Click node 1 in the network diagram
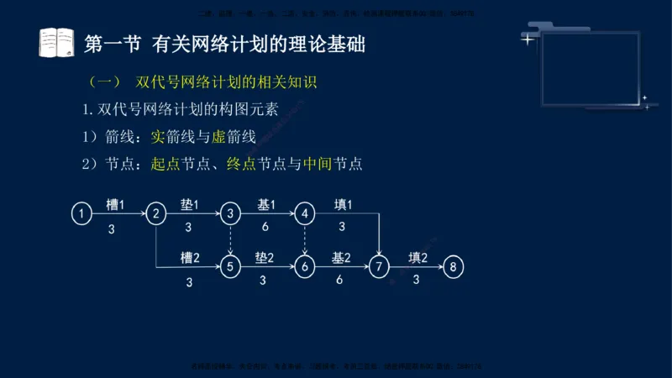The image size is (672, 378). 81,214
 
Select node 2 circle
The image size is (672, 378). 155,214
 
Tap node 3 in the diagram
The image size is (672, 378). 230,214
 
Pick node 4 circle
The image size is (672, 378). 305,214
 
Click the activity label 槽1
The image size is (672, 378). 115,205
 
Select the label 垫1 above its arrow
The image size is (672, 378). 189,205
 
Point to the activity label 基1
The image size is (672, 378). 265,205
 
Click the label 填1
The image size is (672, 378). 342,205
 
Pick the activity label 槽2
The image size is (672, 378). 189,258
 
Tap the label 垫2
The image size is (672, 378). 264,258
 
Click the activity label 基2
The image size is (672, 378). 340,258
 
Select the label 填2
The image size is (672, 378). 417,258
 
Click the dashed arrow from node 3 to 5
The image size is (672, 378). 230,240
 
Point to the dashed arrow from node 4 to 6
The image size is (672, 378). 305,240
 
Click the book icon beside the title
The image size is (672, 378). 57,43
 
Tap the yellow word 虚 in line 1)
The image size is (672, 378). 197,138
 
